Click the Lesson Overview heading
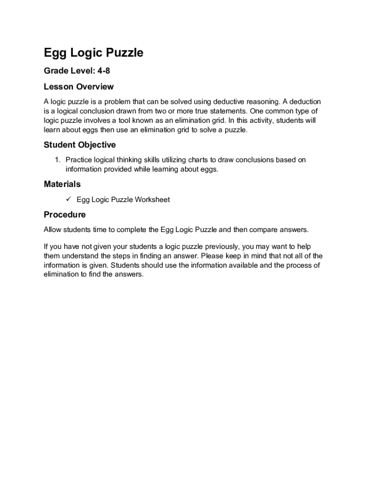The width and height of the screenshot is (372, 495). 79,87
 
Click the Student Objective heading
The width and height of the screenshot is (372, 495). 80,145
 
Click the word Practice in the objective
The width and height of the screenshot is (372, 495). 79,160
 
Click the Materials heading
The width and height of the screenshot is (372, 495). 62,184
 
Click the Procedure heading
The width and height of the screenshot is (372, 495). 65,214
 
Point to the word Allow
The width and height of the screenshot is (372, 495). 53,230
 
